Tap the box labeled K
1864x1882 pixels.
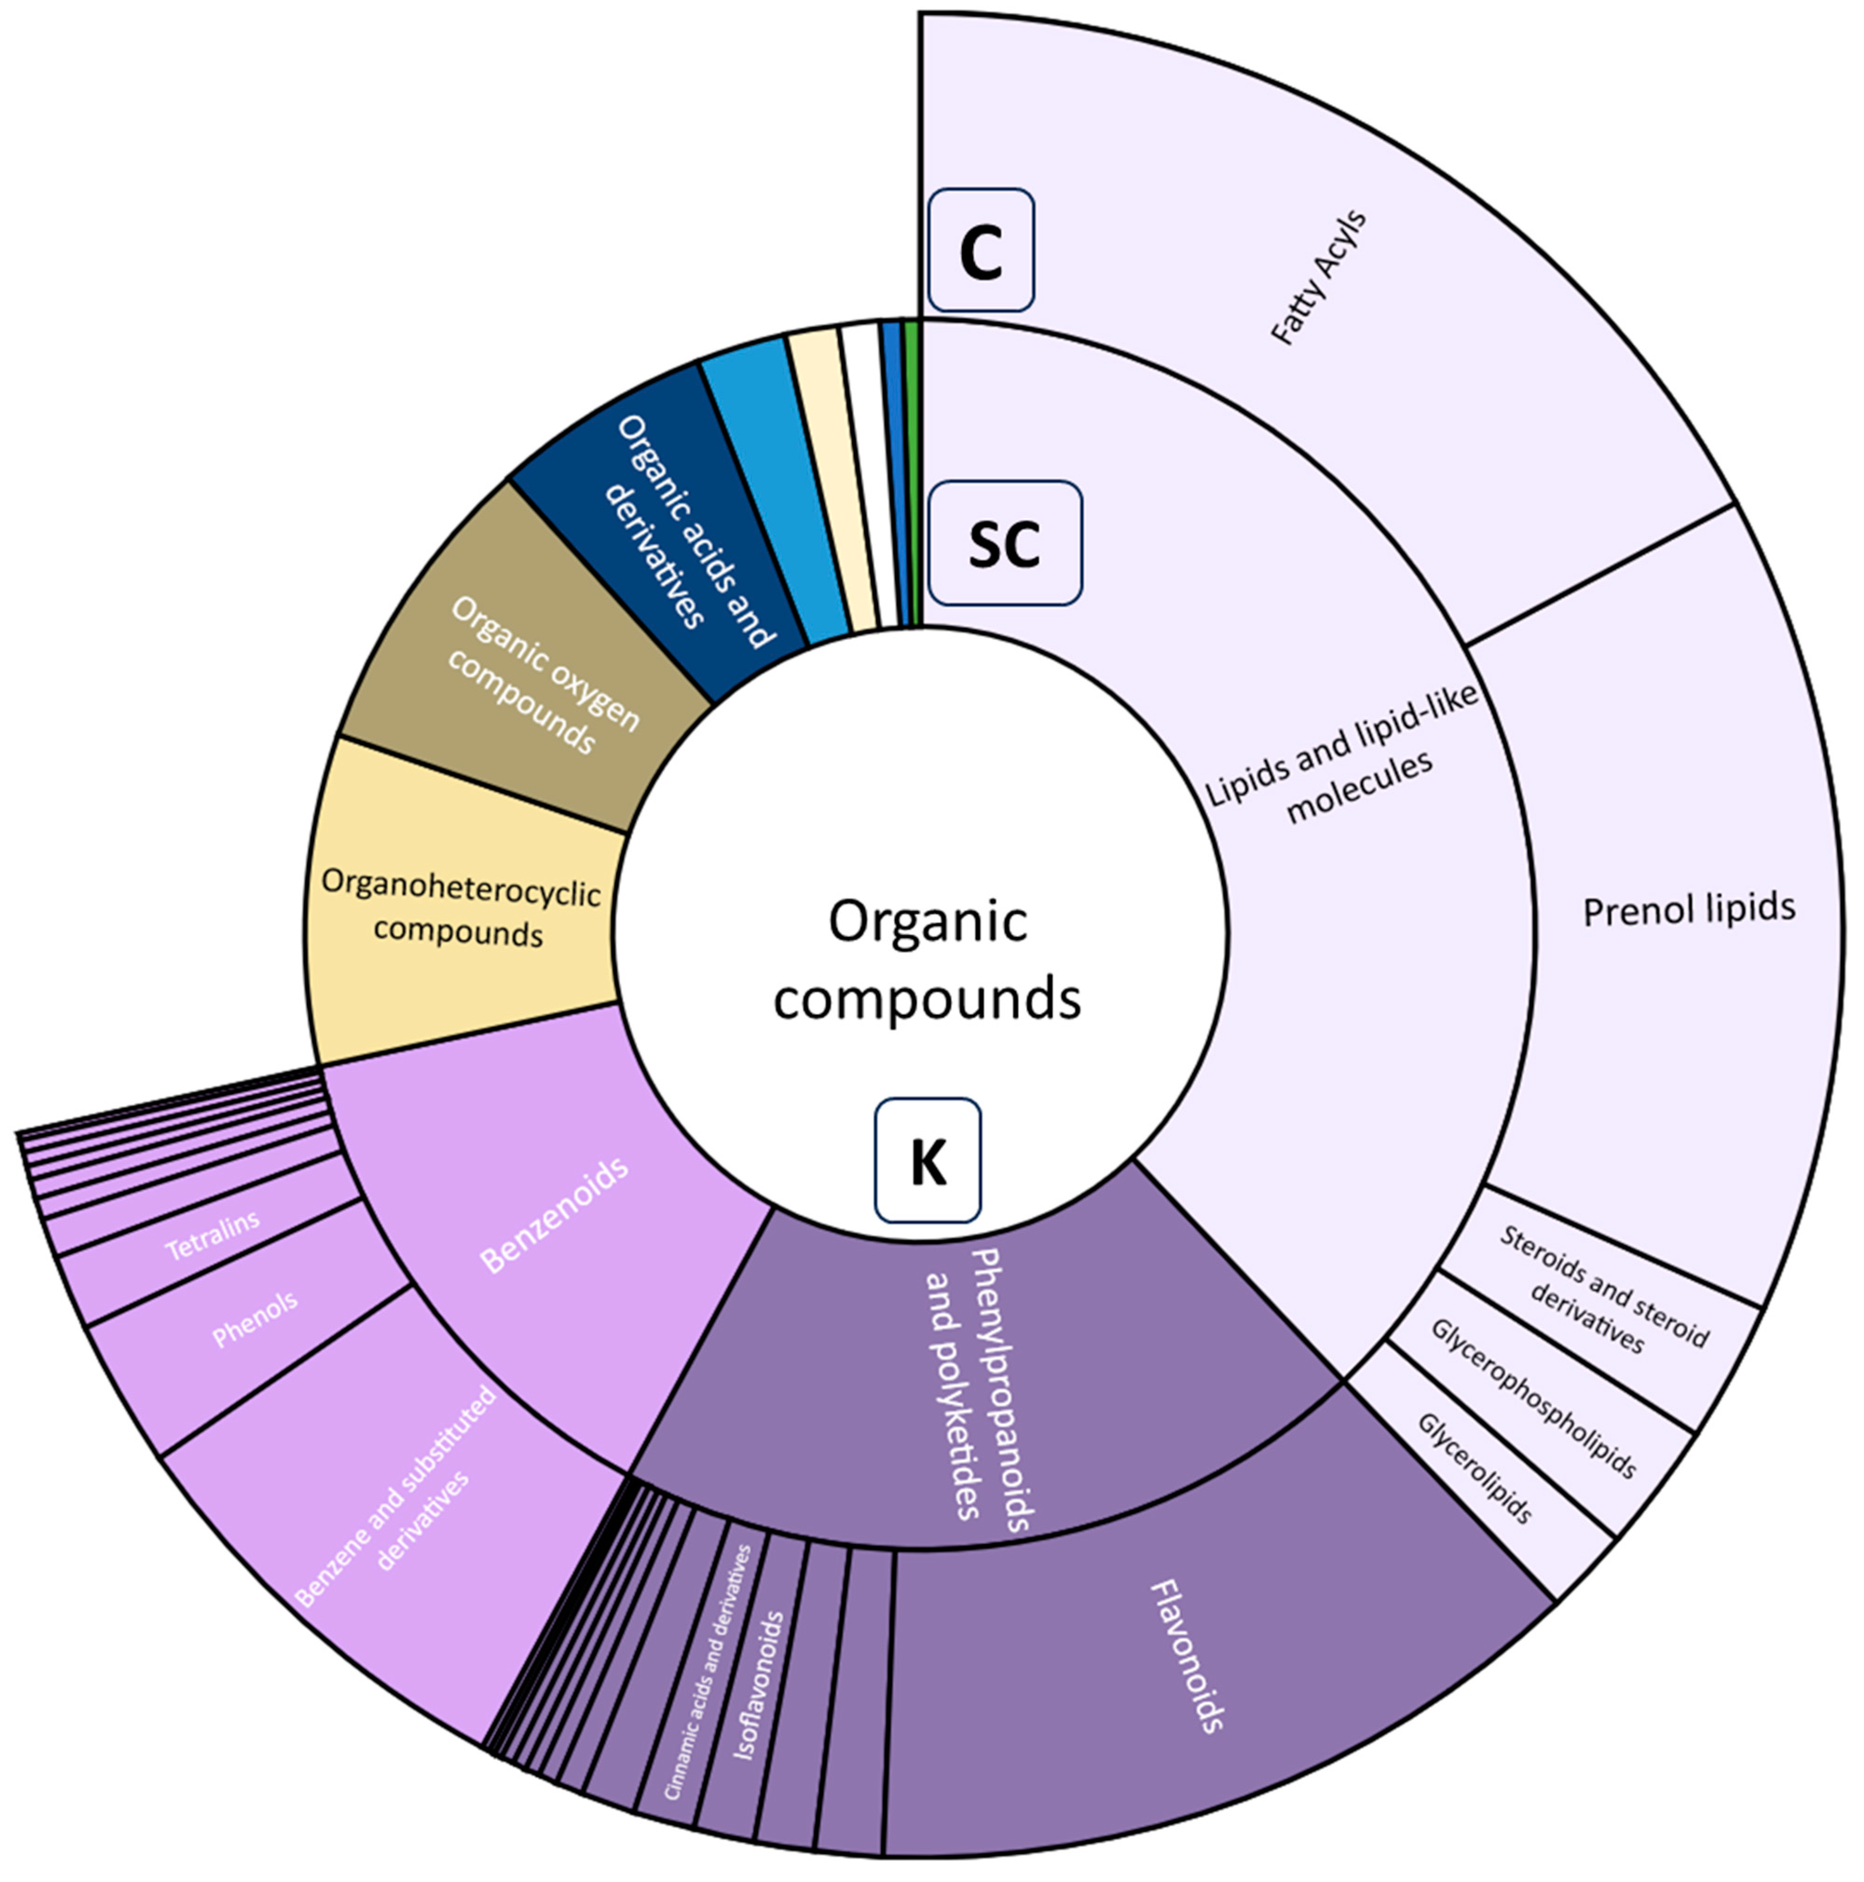coord(927,1160)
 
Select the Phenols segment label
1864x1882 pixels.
coord(255,1320)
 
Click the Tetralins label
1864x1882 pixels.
coord(212,1235)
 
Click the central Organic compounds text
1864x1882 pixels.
coord(927,959)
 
